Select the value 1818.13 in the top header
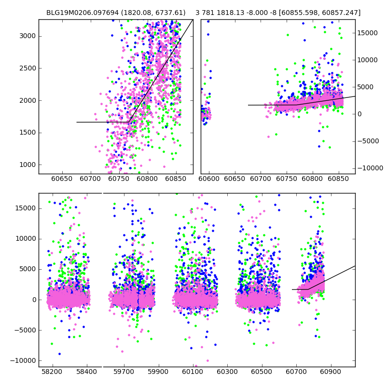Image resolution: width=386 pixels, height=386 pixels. (x=231, y=13)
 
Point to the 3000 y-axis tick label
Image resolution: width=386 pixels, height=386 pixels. (x=28, y=36)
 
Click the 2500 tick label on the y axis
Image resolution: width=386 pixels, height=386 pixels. (x=28, y=68)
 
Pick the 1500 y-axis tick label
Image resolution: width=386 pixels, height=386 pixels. (x=28, y=132)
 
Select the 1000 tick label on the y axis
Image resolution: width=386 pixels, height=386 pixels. (x=28, y=165)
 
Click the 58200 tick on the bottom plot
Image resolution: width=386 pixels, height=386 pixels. (x=52, y=372)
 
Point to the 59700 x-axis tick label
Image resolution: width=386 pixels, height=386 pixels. (x=124, y=372)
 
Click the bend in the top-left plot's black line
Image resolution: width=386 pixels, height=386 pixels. (x=129, y=122)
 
